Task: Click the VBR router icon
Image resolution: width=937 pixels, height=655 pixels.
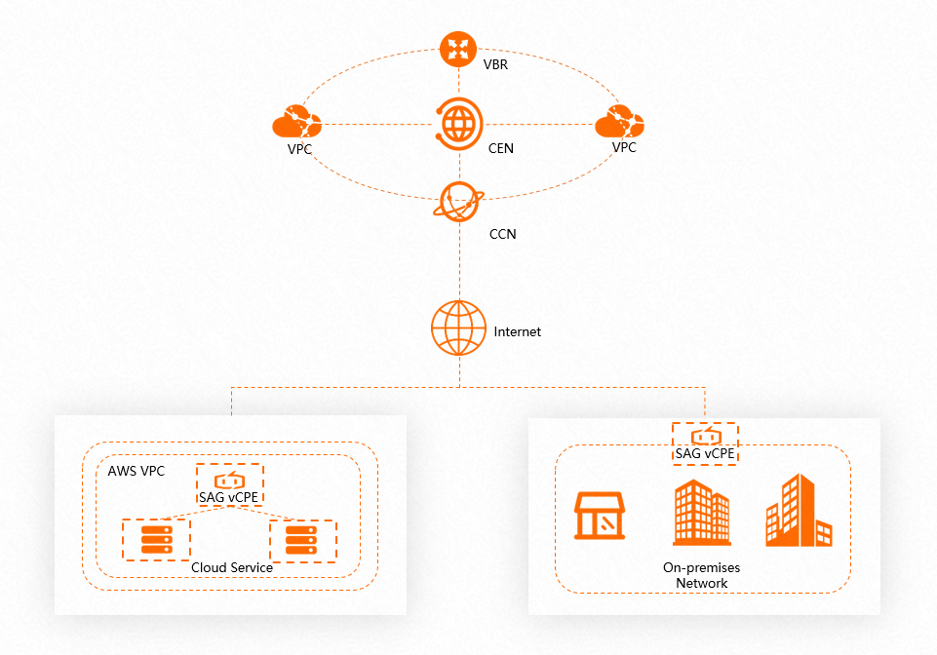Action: coord(457,49)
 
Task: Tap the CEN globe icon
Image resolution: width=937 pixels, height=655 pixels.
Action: coord(458,124)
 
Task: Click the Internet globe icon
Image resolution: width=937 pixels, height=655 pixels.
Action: coord(458,329)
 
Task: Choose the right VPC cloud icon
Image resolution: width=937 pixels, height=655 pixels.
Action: coord(619,123)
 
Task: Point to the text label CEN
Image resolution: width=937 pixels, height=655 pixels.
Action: coord(501,149)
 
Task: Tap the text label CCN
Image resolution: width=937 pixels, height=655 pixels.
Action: coord(502,235)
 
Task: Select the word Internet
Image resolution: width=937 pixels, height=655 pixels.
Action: coord(517,332)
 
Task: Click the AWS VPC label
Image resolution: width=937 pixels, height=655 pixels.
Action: coord(137,472)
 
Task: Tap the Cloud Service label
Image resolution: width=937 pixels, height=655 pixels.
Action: coord(232,567)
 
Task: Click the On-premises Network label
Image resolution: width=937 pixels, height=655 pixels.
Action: coord(702,575)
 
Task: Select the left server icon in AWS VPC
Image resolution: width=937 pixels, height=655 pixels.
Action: coord(156,538)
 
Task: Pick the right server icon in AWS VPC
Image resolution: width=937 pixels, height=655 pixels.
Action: coord(302,540)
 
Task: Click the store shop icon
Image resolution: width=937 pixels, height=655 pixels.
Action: coord(600,515)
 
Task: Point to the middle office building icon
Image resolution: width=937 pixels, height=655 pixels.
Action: coord(701,513)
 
